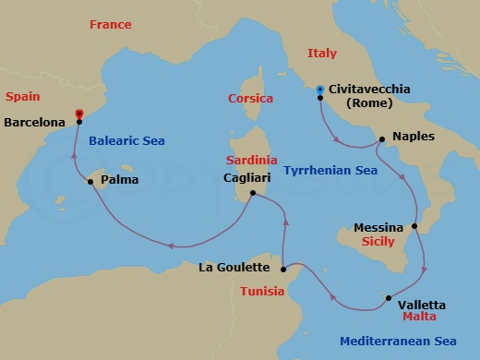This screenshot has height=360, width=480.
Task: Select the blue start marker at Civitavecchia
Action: coord(319,90)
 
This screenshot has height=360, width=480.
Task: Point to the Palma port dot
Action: coord(90,182)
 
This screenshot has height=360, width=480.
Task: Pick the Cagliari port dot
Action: coord(252,193)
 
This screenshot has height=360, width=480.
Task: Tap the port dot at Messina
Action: coord(414,227)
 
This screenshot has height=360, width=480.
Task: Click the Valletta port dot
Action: coord(389,297)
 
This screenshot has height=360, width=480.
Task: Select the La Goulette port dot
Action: coord(282,269)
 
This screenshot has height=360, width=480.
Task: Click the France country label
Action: coord(111,24)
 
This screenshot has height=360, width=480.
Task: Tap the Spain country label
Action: coord(23,96)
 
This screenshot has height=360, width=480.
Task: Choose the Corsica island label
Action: coord(249,98)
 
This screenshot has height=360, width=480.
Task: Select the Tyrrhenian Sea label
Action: coord(330,172)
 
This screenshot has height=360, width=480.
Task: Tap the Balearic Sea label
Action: coord(127,142)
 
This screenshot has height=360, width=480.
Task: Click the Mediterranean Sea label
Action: coord(395,340)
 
